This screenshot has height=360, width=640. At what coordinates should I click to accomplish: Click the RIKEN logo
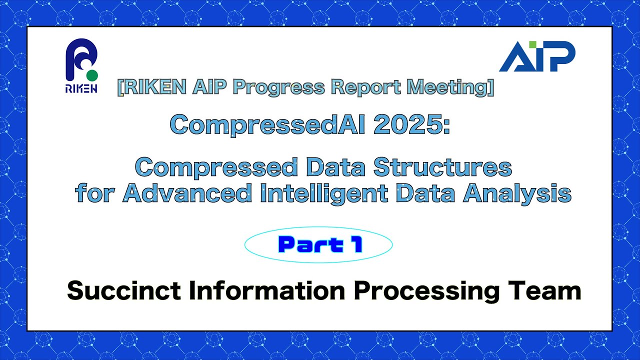(x=81, y=65)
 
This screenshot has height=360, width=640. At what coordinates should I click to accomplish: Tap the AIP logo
(x=537, y=56)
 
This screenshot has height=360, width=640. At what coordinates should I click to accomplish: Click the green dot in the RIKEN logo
(x=91, y=75)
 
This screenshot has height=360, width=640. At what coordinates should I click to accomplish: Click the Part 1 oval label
(x=318, y=244)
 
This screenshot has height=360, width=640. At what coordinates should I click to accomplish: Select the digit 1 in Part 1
(x=356, y=244)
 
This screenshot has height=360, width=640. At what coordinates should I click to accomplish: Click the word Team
(x=549, y=290)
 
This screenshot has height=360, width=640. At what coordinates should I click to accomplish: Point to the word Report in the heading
(x=359, y=87)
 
